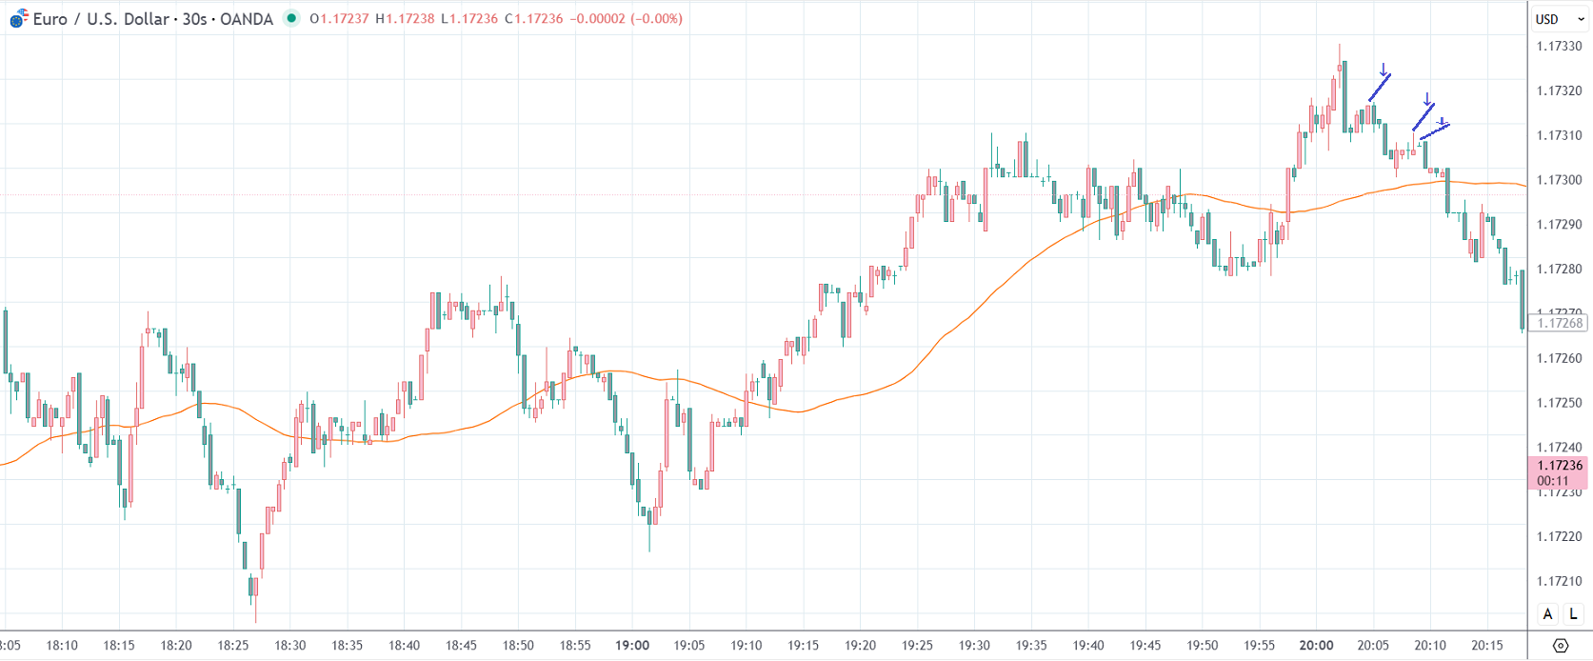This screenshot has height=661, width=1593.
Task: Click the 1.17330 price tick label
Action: tap(1559, 47)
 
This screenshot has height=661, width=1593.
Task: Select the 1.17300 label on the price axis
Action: tap(1559, 180)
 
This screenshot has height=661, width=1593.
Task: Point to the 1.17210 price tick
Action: tap(1559, 581)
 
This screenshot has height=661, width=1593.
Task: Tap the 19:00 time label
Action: tap(632, 645)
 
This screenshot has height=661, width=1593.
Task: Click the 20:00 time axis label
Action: tap(1316, 645)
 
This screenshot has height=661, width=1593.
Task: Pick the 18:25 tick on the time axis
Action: tap(233, 645)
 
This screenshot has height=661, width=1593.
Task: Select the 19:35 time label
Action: tap(1031, 645)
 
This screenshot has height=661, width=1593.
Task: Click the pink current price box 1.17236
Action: tap(1559, 472)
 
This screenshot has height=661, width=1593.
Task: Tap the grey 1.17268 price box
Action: tap(1559, 323)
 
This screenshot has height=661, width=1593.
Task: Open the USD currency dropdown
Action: tap(1559, 19)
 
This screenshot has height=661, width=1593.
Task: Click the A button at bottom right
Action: tap(1547, 614)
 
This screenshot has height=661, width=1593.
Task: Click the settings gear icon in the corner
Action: tap(1560, 646)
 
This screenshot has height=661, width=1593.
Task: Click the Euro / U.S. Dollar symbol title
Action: tap(152, 19)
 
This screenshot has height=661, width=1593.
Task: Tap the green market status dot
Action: tap(291, 18)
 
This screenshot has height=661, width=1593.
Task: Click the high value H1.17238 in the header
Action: tap(405, 19)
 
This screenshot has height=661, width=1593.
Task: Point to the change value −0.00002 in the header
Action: tap(597, 19)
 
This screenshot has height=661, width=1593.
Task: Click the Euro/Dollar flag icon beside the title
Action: tap(18, 19)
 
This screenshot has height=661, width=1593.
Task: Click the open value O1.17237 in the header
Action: tap(339, 19)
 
